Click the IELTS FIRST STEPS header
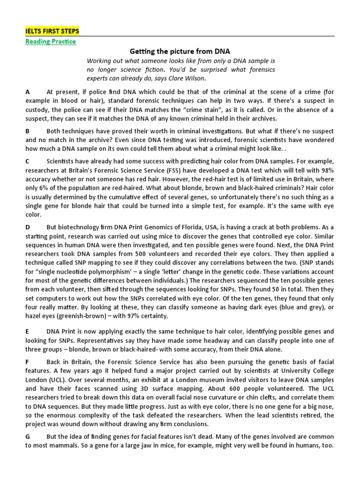pos(52,31)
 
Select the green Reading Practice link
pos(50,41)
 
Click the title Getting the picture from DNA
pos(180,51)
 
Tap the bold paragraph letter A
pos(28,92)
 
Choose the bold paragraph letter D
pos(28,227)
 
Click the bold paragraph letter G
pos(28,436)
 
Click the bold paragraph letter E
pos(28,331)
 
